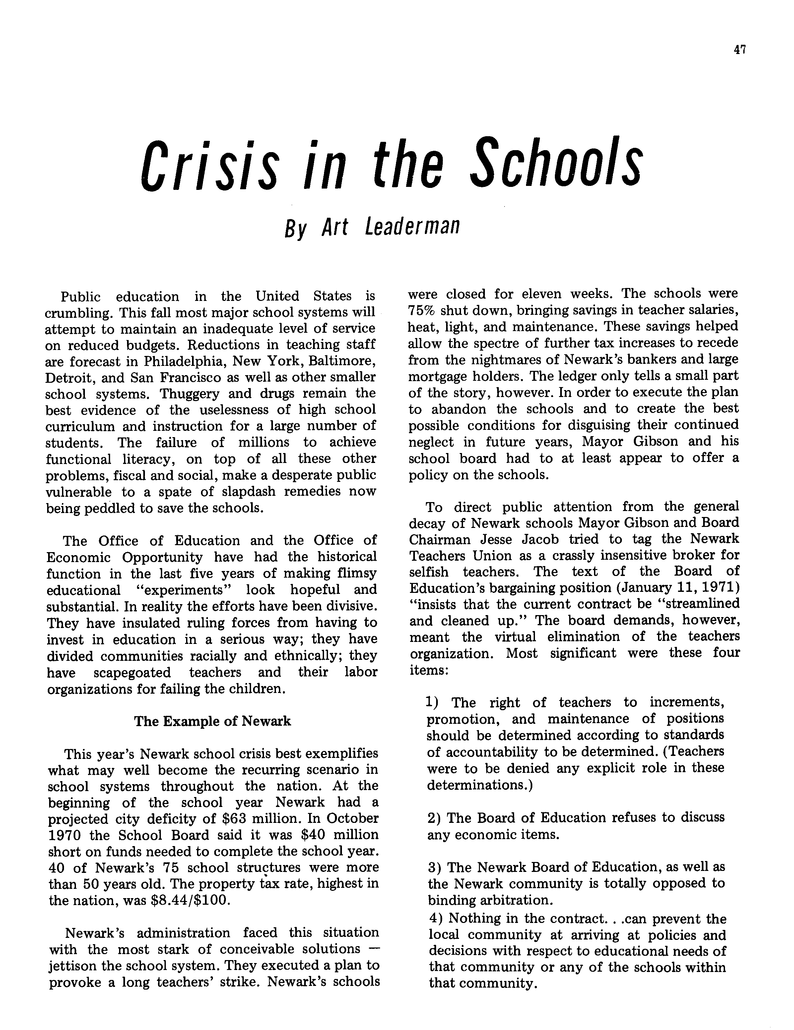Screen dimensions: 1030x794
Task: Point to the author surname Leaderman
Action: click(412, 227)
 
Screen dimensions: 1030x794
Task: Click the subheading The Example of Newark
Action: click(212, 721)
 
